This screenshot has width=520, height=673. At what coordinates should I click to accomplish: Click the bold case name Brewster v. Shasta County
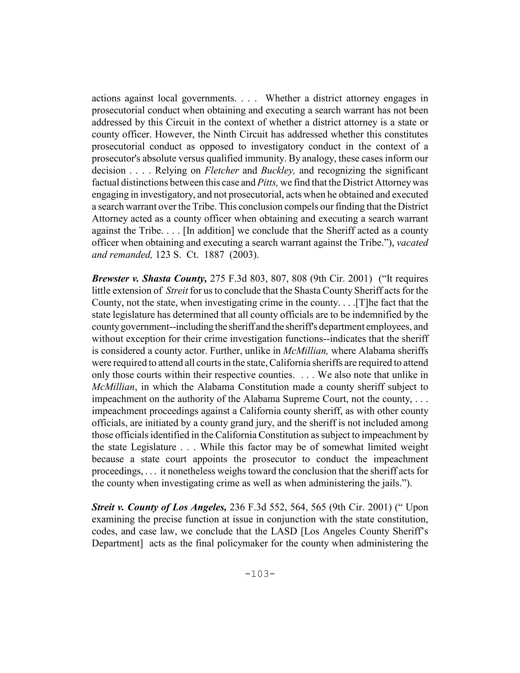click(149, 279)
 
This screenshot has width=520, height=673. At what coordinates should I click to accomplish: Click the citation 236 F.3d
click(248, 507)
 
